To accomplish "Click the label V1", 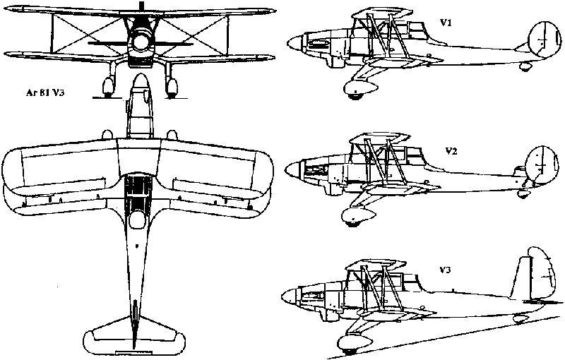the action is coord(446,23).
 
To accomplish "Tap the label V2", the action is coord(451,151).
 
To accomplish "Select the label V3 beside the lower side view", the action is coord(445,270).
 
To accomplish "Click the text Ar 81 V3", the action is coord(45,92).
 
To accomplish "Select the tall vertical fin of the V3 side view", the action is coord(520,278).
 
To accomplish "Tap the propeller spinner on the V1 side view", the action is coord(296,43).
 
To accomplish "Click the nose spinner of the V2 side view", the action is coord(294,169).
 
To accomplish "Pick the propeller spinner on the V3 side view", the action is coord(290,296).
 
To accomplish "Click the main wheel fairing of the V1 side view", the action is coord(360,88).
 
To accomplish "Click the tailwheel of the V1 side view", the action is coord(525,66).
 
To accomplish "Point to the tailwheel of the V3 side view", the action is coord(521,318).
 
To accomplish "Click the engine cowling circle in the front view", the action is coord(141,42).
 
